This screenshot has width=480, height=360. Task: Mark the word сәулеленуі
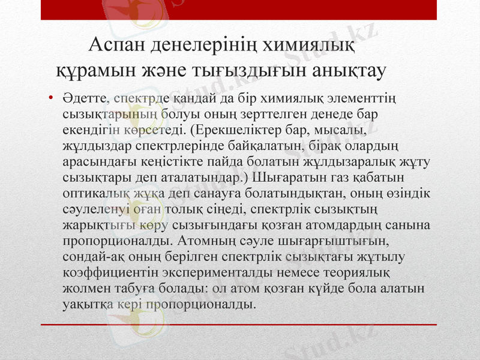(x=95, y=211)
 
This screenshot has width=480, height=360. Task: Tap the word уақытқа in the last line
(x=86, y=304)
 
